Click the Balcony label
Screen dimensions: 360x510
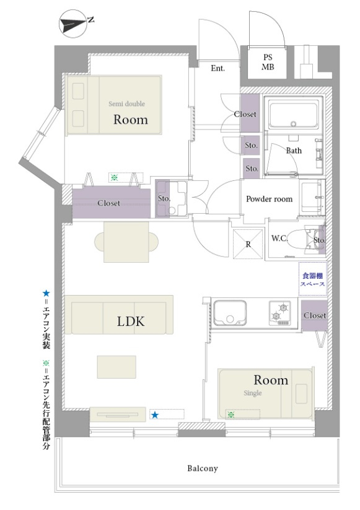coord(202,468)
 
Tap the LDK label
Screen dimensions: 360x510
coord(130,322)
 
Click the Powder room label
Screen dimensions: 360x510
coord(270,199)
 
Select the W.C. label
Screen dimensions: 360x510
coord(279,238)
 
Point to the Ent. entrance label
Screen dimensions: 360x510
coord(218,68)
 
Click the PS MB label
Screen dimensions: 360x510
coord(268,62)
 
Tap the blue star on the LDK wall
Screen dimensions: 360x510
coord(155,415)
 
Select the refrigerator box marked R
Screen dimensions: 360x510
coord(248,244)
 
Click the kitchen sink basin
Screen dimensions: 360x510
coord(229,312)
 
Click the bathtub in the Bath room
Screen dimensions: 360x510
coord(293,113)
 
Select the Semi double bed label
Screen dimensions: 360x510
coord(126,103)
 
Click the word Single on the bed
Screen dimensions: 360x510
coord(253,393)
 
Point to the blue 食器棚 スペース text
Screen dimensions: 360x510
coord(312,279)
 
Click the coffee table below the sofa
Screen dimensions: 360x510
coord(116,367)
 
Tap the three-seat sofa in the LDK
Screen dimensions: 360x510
coord(119,315)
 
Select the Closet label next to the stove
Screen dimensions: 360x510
coord(315,315)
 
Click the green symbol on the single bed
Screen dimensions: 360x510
coord(231,415)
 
